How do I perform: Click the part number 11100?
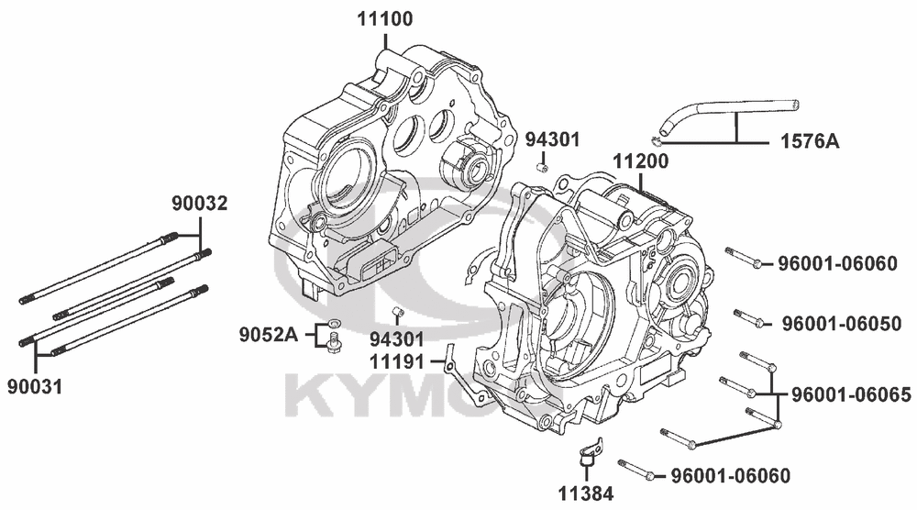(x=385, y=18)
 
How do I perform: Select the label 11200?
(x=640, y=161)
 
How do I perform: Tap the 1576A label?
(x=810, y=141)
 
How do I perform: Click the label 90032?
(x=199, y=204)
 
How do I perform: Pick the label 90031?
(x=35, y=386)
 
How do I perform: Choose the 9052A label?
(x=268, y=335)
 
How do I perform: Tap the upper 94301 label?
(x=552, y=139)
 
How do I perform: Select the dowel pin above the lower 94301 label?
(x=397, y=312)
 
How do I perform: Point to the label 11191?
(x=396, y=361)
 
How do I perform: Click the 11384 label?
(x=585, y=494)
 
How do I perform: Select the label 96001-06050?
(x=841, y=324)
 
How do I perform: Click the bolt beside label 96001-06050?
(x=750, y=317)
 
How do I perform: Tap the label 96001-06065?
(x=851, y=395)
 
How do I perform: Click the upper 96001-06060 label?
(x=837, y=264)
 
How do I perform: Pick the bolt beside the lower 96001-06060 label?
(x=636, y=470)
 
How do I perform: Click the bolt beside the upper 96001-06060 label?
(x=744, y=258)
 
